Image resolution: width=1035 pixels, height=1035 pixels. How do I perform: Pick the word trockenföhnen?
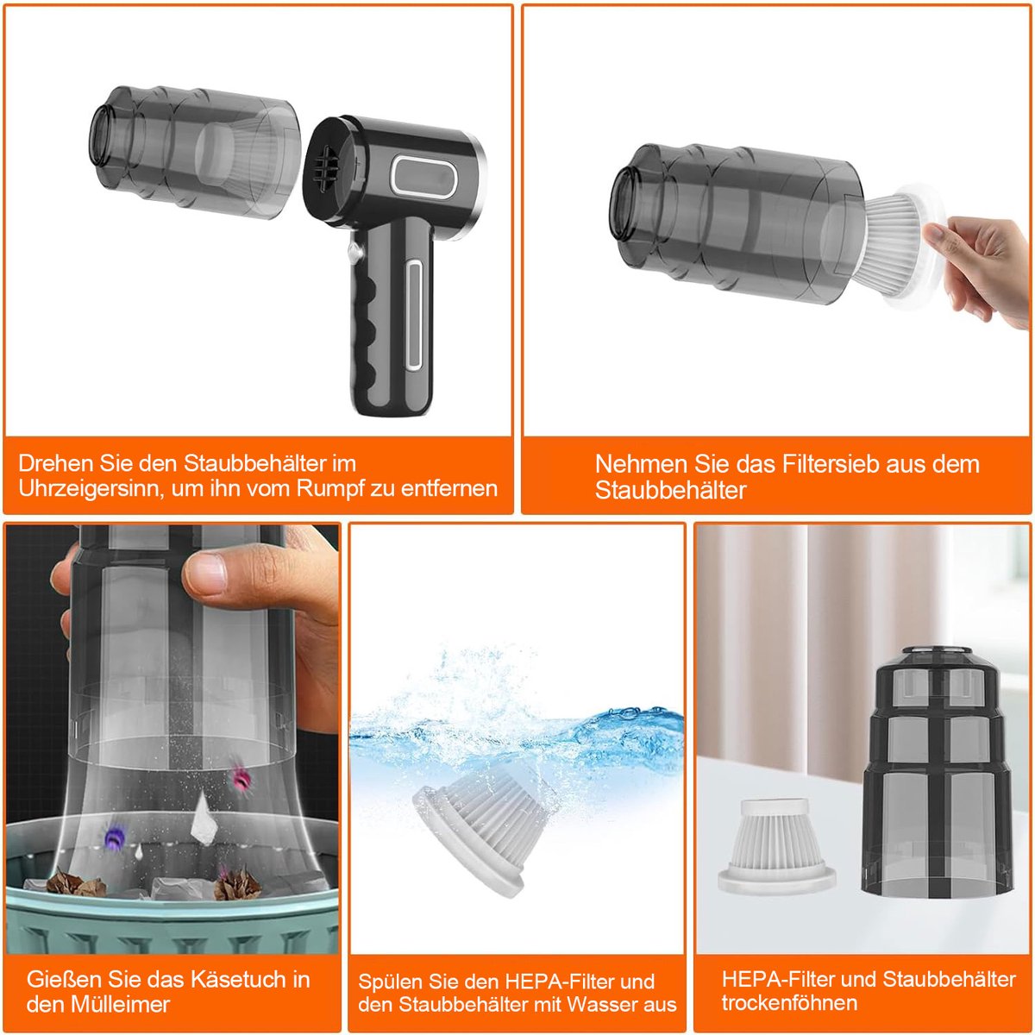click(789, 1003)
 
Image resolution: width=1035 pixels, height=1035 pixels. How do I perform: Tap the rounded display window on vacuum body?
click(423, 174)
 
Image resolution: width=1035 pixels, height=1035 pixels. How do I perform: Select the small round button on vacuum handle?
click(354, 251)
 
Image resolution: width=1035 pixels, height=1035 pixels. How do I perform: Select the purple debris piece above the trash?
click(115, 837)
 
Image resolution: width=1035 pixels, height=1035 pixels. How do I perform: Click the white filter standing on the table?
click(775, 848)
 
